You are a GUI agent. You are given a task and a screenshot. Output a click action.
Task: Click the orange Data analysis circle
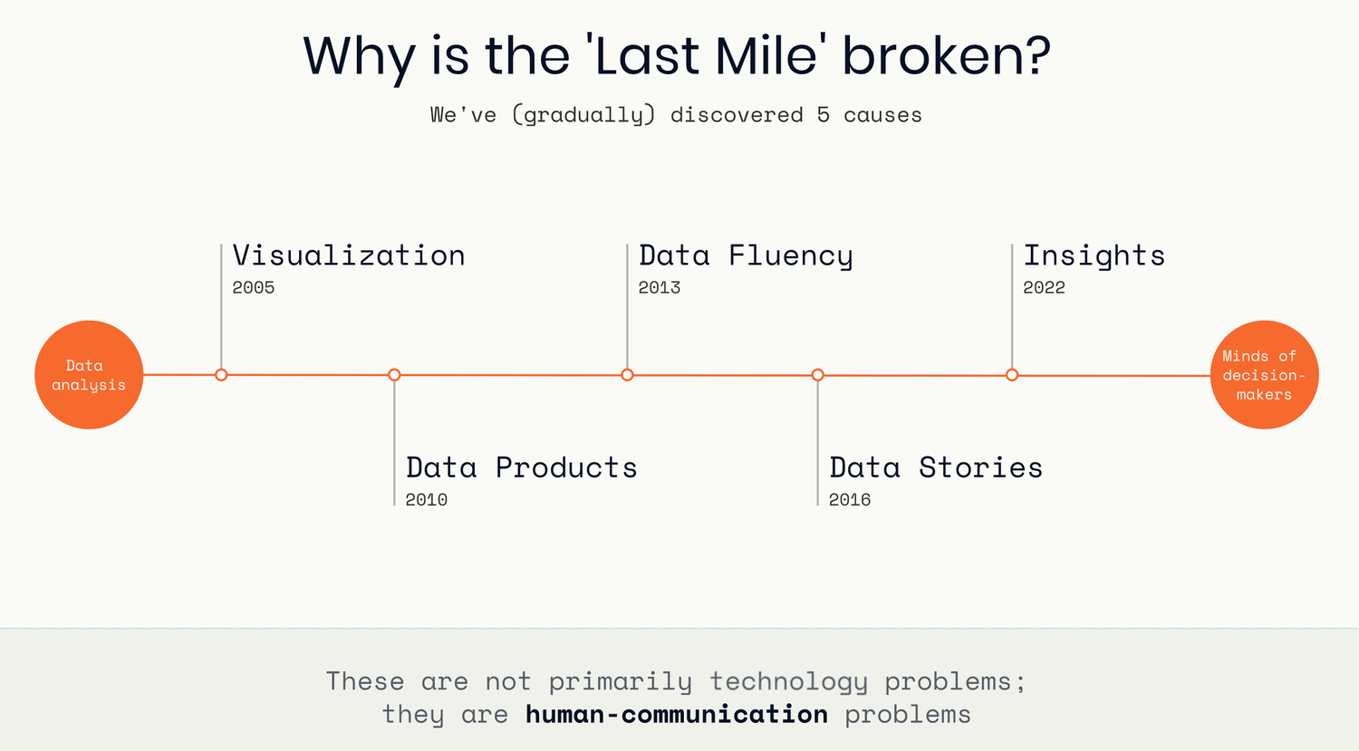(x=89, y=375)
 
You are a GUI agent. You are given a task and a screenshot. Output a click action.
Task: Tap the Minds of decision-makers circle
(x=1265, y=375)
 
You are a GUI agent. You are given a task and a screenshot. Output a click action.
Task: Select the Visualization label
(x=349, y=255)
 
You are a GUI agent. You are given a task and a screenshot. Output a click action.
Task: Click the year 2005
(x=253, y=287)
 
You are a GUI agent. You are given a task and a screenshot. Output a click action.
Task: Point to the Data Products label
(x=521, y=467)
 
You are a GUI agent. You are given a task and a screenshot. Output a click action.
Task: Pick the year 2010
(x=426, y=500)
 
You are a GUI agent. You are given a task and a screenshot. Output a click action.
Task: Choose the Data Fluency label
(x=746, y=256)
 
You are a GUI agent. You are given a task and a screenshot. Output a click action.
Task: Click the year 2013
(x=659, y=287)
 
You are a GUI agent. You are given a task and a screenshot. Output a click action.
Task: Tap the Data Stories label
(x=936, y=467)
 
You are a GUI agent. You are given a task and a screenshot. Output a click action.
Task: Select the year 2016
(x=850, y=500)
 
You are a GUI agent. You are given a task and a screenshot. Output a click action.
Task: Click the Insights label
(x=1094, y=256)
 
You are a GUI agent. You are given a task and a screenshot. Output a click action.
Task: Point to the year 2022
(x=1044, y=287)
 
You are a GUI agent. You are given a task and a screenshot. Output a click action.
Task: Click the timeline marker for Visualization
(x=221, y=375)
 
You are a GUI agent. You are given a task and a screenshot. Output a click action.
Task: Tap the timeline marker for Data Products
(x=394, y=375)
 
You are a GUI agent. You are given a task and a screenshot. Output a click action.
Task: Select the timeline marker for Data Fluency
(x=627, y=375)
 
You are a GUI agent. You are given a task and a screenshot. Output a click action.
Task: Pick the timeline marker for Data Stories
(x=818, y=375)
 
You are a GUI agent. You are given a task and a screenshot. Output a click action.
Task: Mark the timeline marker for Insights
(x=1012, y=375)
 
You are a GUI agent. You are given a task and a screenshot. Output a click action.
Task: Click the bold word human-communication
(x=677, y=714)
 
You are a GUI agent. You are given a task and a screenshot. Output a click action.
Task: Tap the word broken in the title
(x=947, y=56)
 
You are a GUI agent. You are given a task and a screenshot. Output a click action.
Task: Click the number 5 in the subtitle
(x=823, y=115)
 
